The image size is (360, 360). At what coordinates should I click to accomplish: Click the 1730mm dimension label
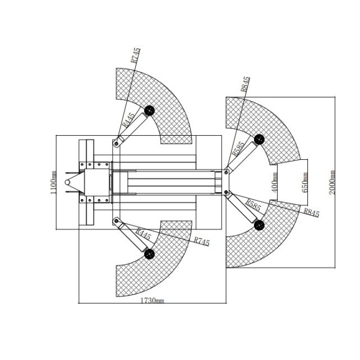pos(152,301)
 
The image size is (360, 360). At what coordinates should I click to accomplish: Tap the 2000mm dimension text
pos(332,183)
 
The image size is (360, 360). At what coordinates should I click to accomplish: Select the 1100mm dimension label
pos(53,182)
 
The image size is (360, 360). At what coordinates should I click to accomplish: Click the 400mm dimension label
pos(274,183)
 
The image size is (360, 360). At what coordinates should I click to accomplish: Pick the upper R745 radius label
pos(135,55)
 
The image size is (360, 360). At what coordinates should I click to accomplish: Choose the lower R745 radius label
pos(202,241)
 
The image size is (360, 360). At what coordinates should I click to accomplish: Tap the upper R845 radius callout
pos(245,84)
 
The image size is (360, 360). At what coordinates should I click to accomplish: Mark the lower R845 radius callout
pos(312,213)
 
